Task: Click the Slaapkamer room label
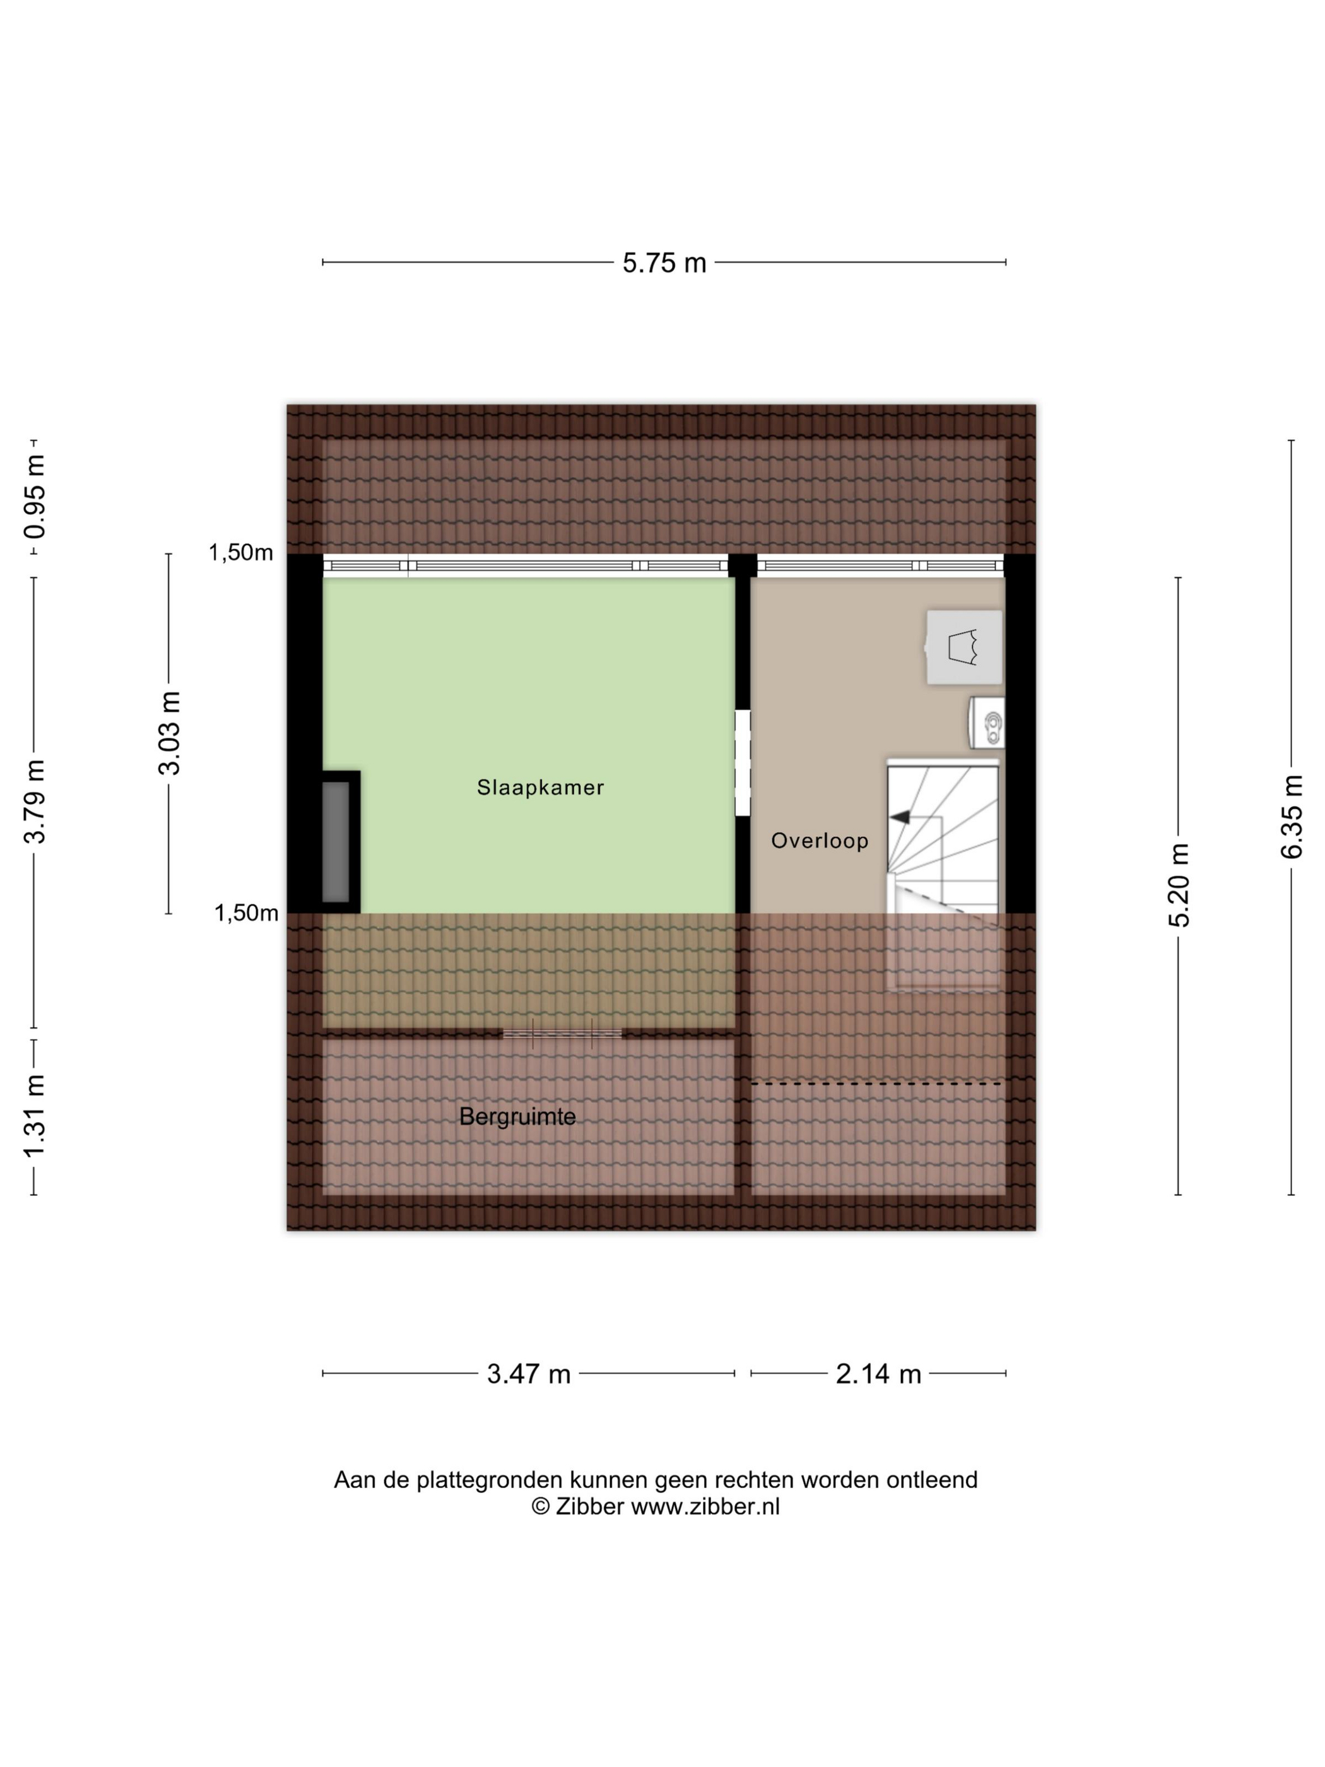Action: [540, 787]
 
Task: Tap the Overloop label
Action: [820, 841]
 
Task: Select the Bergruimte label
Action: [517, 1117]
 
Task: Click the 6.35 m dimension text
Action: [1292, 817]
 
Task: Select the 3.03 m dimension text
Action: [169, 733]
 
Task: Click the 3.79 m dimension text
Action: [34, 801]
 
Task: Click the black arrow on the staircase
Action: [900, 817]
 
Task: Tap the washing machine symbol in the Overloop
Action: [964, 647]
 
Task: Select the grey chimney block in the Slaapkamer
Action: [336, 842]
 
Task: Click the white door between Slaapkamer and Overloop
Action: [743, 763]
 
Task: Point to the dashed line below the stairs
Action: [876, 1084]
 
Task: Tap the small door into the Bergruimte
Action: [562, 1034]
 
